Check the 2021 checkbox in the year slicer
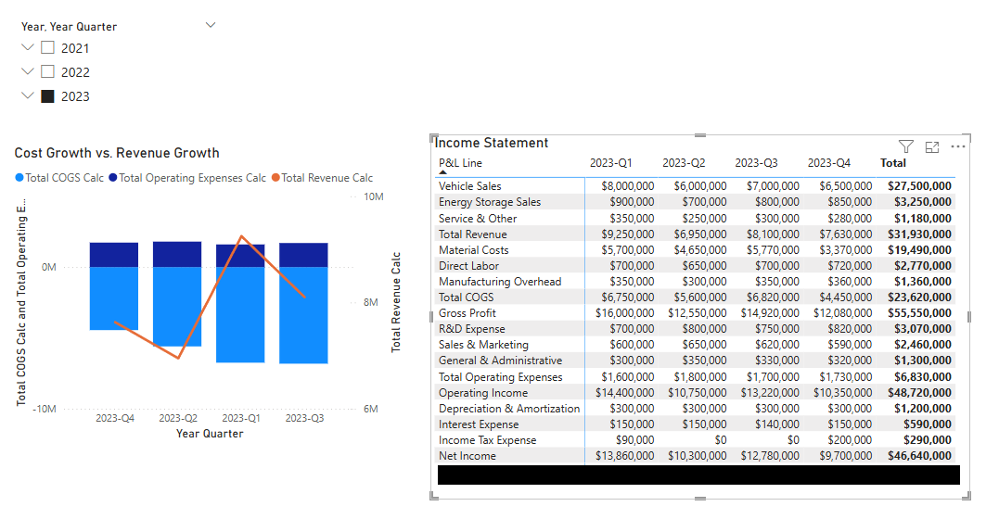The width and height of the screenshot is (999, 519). point(48,48)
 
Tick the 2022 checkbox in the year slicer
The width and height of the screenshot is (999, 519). point(48,72)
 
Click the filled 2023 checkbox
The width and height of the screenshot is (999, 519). point(48,96)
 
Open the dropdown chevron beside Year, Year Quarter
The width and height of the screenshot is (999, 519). point(211,26)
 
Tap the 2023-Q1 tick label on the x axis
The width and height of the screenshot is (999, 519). point(240,418)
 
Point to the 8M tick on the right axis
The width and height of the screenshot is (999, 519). point(368,303)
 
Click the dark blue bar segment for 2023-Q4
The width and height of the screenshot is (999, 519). point(114,255)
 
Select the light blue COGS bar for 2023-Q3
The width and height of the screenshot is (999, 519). point(303,315)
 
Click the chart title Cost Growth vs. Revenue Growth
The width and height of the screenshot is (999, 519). point(117,153)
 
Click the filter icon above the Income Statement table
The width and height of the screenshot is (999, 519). point(906,146)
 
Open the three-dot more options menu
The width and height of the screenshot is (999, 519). point(958,146)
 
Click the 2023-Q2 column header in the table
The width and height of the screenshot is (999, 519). point(684,163)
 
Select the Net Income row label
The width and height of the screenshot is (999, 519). point(467,456)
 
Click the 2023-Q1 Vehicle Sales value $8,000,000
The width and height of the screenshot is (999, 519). point(628,186)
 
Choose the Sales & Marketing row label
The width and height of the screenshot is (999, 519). point(483,345)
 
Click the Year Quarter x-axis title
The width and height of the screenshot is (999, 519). point(210,434)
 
